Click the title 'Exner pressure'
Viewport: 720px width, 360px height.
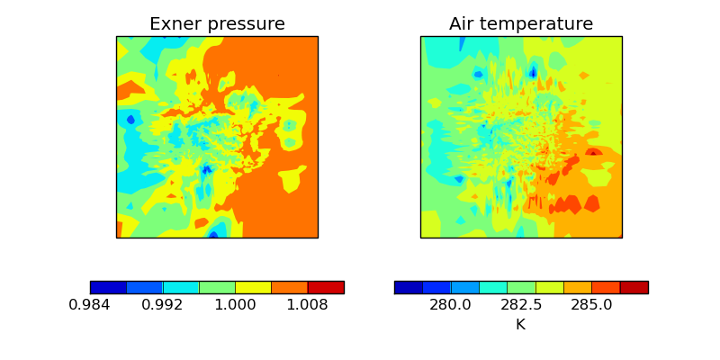point(217,24)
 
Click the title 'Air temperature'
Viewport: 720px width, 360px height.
point(521,24)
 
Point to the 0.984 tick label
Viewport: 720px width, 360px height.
point(90,305)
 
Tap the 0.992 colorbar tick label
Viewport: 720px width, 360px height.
point(163,305)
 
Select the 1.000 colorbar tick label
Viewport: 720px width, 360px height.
point(236,305)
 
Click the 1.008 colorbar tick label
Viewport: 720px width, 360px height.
point(308,305)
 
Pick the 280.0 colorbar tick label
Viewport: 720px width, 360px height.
point(450,305)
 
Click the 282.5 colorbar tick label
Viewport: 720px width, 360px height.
point(521,305)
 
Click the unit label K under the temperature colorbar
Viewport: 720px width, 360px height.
point(520,324)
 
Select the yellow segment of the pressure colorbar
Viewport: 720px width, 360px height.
point(253,287)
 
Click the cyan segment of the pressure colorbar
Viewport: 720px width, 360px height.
point(181,287)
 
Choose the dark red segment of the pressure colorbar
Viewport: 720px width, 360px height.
point(326,287)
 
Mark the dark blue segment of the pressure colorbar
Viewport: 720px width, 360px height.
point(108,287)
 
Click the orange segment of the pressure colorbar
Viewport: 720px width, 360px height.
point(290,287)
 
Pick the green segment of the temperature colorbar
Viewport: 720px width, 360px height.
point(521,287)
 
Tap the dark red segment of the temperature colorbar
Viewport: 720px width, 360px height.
point(634,287)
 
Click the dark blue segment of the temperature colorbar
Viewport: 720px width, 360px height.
point(409,287)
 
